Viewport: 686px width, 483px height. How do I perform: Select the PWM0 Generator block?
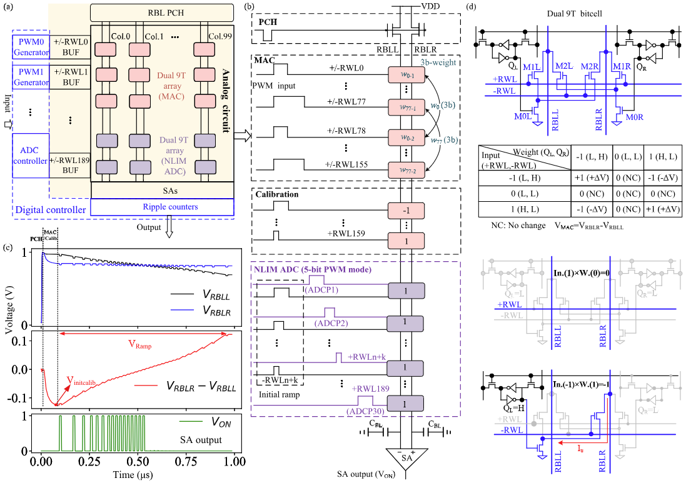click(29, 49)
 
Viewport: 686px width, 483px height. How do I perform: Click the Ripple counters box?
click(163, 207)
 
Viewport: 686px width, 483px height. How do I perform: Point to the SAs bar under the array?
click(163, 190)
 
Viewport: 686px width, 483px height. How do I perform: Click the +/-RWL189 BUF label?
click(69, 164)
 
